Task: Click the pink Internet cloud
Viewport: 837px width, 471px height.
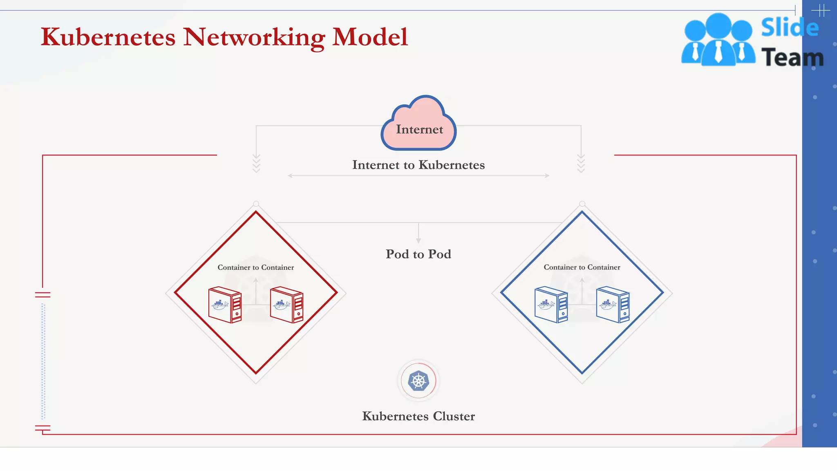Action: point(419,125)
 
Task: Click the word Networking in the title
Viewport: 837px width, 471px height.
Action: point(254,38)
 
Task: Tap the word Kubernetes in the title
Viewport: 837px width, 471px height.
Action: point(108,38)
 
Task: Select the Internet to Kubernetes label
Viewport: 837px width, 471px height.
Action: point(418,165)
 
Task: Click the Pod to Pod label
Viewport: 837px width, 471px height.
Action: point(418,254)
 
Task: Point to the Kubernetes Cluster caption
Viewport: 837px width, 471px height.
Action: point(418,416)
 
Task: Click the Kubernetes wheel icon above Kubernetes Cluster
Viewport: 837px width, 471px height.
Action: point(418,381)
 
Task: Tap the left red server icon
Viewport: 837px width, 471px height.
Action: point(225,305)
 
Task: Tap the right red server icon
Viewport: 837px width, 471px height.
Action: point(286,305)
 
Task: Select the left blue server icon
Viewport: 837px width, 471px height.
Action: point(551,305)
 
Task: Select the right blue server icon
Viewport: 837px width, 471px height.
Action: point(613,305)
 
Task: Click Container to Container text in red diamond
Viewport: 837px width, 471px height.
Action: point(256,267)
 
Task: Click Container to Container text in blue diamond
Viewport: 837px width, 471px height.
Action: point(582,267)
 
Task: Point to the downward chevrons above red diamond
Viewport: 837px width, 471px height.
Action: point(256,164)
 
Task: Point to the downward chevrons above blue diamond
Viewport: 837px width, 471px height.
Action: point(581,164)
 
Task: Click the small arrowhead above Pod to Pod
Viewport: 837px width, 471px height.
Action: point(418,240)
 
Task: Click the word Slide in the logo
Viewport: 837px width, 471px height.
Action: point(790,28)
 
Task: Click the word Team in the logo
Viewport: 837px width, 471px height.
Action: point(792,57)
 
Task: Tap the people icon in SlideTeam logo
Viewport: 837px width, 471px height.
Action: point(718,40)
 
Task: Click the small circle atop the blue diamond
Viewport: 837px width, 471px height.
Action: point(582,204)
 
